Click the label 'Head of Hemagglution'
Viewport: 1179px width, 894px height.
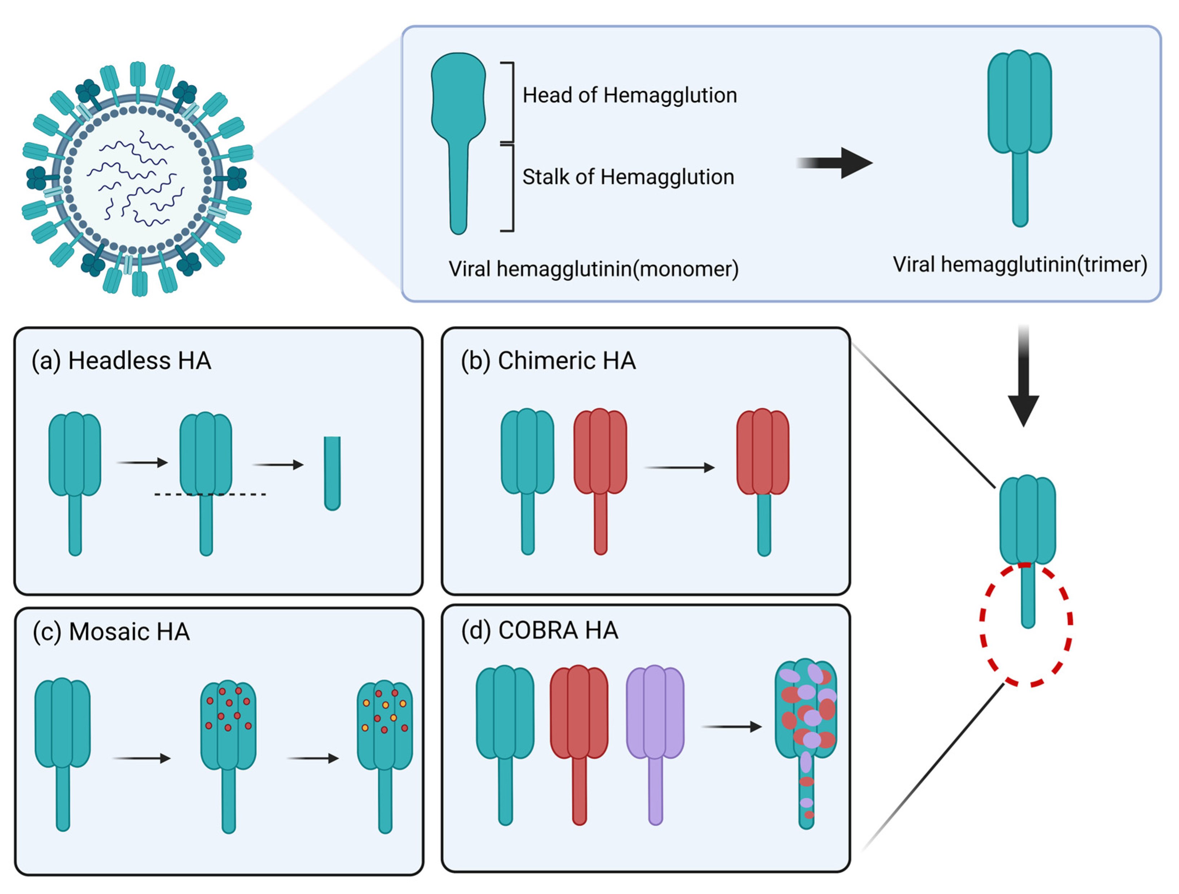click(x=629, y=96)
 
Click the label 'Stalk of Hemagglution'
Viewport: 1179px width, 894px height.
click(x=628, y=177)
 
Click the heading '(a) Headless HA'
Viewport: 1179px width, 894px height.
click(x=122, y=361)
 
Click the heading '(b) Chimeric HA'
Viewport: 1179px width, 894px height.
click(x=548, y=361)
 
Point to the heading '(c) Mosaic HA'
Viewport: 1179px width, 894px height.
click(x=111, y=632)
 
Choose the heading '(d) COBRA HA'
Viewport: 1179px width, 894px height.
click(x=540, y=631)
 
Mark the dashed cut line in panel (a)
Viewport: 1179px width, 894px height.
click(x=211, y=495)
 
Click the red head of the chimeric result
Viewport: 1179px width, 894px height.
click(x=763, y=452)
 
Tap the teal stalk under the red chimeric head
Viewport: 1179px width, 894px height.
click(x=764, y=525)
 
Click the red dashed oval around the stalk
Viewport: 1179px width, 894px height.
click(x=982, y=624)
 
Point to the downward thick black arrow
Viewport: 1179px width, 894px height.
click(x=1023, y=379)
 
